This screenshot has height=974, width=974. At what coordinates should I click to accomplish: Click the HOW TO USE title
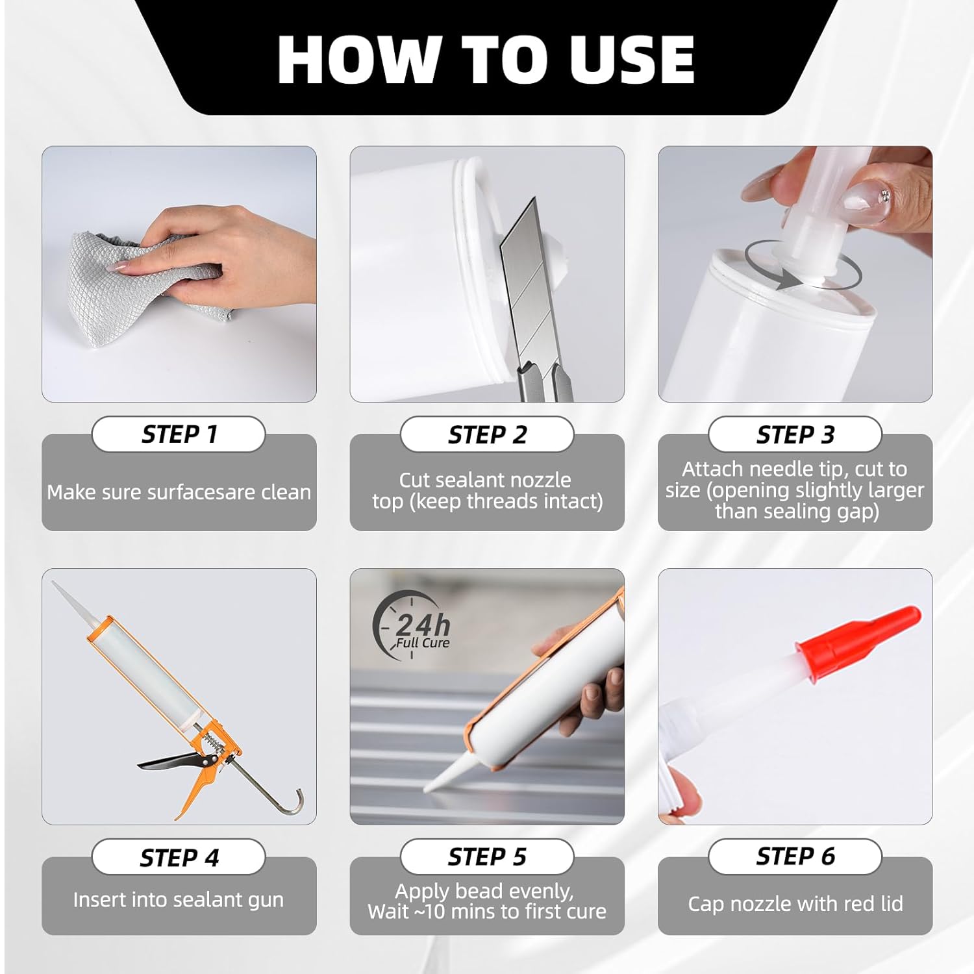486,59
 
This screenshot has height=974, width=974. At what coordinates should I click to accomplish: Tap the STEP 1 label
179,434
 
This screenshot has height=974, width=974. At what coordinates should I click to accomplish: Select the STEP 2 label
487,435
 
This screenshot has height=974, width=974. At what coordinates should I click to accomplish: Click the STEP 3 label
795,435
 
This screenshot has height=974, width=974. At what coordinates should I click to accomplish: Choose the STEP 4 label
179,858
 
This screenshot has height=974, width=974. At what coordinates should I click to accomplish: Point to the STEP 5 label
487,857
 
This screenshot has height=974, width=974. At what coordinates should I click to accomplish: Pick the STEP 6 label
795,856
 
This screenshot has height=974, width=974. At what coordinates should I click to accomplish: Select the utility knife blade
529,286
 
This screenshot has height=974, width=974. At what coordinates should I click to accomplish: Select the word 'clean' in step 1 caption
286,492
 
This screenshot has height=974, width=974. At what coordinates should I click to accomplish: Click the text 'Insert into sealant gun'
179,900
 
